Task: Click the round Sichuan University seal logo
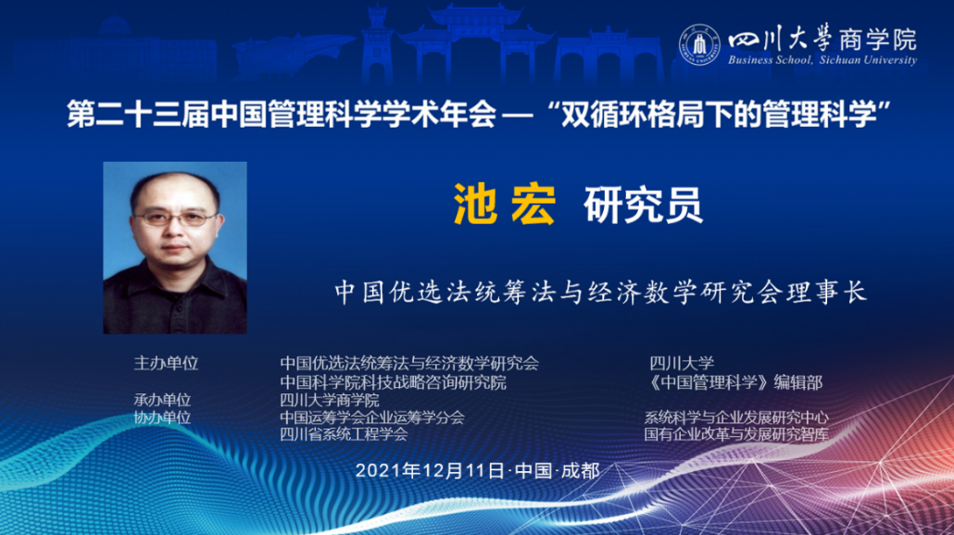click(699, 44)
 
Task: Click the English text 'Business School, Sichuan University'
click(822, 59)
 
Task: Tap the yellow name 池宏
click(505, 205)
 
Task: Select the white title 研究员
click(643, 205)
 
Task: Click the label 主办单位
click(166, 364)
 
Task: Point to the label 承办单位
click(162, 400)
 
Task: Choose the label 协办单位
click(162, 417)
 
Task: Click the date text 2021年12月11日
click(430, 470)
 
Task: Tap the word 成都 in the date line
click(581, 470)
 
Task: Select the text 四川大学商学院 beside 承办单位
click(329, 400)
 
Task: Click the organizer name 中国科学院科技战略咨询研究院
click(393, 382)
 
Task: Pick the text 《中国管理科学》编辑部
click(735, 382)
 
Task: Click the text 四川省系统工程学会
click(344, 434)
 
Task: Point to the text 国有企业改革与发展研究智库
click(736, 434)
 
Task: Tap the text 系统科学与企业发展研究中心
click(736, 417)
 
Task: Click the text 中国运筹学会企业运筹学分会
click(371, 417)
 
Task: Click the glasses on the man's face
click(174, 218)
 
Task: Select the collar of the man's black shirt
click(176, 280)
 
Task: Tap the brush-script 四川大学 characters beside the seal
click(781, 39)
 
